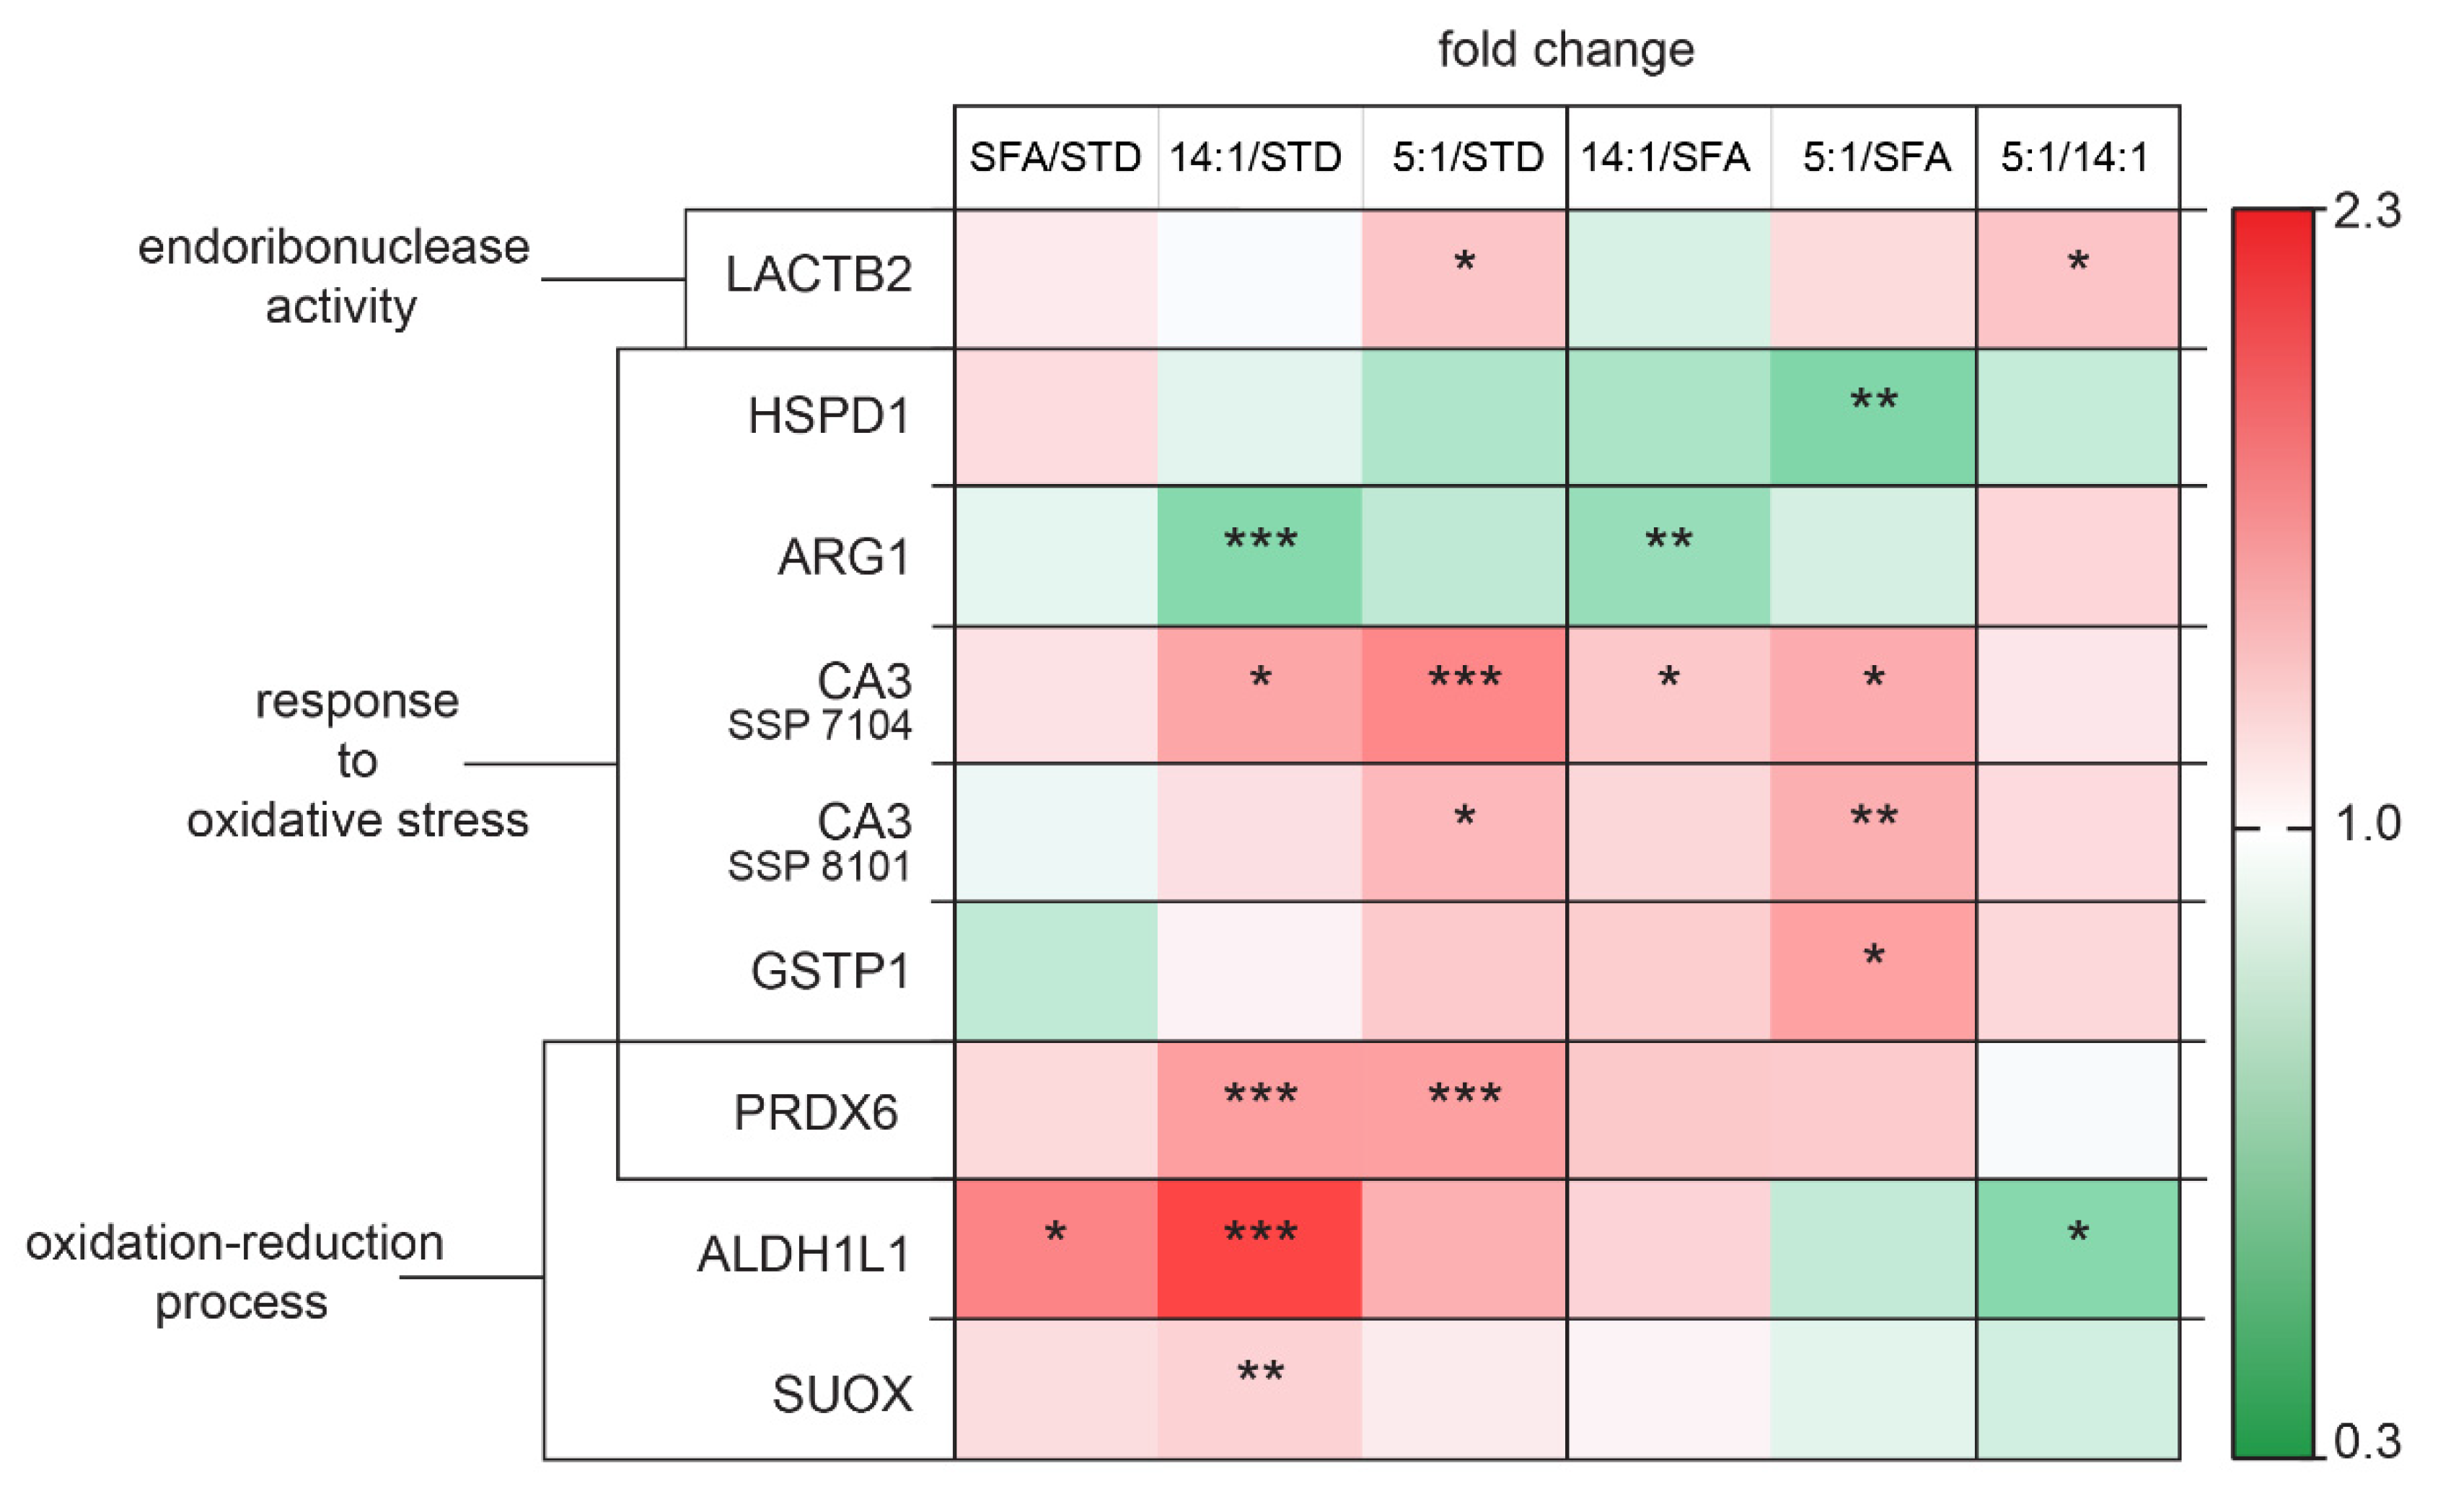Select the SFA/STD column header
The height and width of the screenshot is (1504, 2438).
(x=1055, y=157)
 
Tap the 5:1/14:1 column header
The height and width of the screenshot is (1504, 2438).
(x=2075, y=157)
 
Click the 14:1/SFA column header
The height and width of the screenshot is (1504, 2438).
(x=1665, y=157)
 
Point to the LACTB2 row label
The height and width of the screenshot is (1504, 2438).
(x=819, y=276)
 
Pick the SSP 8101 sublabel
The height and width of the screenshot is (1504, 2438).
(x=819, y=867)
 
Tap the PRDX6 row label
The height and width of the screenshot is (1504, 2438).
(x=816, y=1112)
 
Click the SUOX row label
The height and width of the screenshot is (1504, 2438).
(x=842, y=1394)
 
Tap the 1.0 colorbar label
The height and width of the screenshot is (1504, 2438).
(x=2367, y=824)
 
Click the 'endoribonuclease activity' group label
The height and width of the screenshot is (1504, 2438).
(x=334, y=276)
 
